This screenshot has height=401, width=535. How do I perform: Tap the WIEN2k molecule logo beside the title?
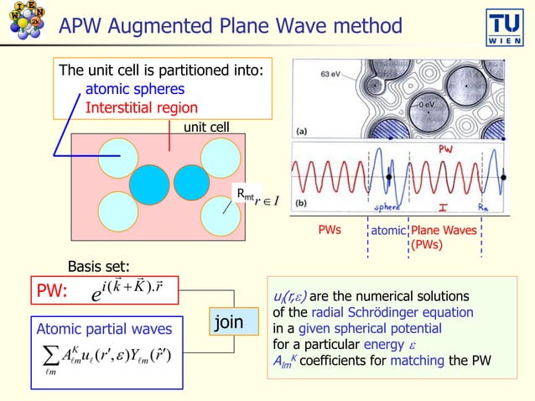tap(25, 26)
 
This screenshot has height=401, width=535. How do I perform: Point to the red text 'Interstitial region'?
tap(142, 107)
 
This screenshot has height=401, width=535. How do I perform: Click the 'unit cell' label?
tap(206, 127)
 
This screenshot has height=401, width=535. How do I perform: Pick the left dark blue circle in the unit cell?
tap(151, 180)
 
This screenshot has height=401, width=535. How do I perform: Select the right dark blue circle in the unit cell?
tap(192, 180)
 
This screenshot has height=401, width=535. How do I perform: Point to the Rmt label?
tap(245, 195)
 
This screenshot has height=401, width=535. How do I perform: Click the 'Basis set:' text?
tap(98, 267)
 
